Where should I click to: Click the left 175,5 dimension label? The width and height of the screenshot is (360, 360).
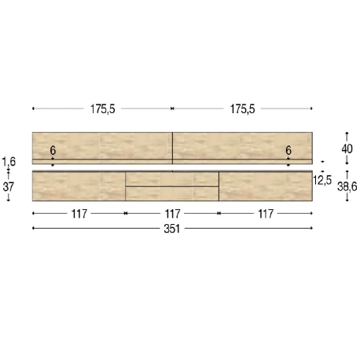coord(102,109)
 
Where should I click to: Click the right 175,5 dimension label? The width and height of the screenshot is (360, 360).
coord(242,109)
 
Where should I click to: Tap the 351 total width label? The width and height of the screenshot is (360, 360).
coord(172,229)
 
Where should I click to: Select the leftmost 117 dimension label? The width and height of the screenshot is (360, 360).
coord(79,214)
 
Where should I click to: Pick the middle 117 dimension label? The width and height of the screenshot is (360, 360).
coord(172,214)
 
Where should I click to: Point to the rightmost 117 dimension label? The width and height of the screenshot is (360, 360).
coord(266,214)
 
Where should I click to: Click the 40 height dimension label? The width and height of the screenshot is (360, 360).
coord(347,149)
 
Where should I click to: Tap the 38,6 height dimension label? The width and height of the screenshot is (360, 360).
coord(347,187)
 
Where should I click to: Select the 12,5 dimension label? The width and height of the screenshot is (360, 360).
coord(322,180)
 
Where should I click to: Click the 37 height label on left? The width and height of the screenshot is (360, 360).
coord(9,187)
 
